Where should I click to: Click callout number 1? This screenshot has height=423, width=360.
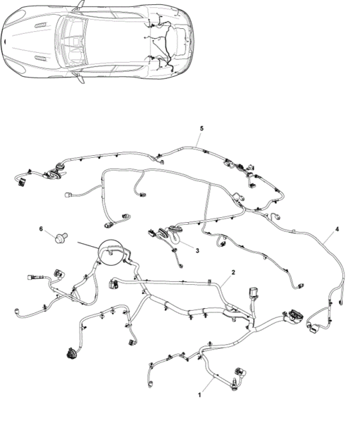[x=199, y=395]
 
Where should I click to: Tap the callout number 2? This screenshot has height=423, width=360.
[x=233, y=272]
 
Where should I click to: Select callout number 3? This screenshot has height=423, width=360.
[x=197, y=250]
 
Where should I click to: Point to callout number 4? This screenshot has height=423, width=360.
[x=337, y=229]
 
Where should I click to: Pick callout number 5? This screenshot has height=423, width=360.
[x=201, y=128]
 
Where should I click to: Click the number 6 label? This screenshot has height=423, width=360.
[x=41, y=228]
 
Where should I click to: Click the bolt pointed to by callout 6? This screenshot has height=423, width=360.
[x=61, y=238]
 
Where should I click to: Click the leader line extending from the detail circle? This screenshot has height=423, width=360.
[x=89, y=245]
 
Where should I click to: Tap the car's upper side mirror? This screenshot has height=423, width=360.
[x=80, y=6]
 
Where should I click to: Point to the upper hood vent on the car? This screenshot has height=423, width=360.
[x=41, y=25]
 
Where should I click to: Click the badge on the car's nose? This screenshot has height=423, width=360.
[x=5, y=42]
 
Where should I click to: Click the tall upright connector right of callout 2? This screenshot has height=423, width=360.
[x=254, y=292]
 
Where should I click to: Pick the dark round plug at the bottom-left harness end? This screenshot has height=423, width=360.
[x=71, y=353]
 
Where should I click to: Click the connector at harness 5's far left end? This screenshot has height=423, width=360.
[x=20, y=183]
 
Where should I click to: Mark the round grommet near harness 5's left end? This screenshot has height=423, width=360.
[x=58, y=167]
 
